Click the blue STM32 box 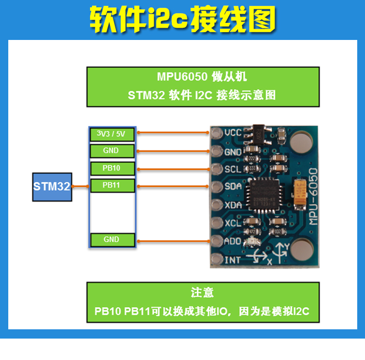coord(52,186)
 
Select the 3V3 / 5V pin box coord(111,133)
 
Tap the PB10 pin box coord(111,168)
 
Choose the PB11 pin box coord(111,186)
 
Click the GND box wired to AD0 coord(111,240)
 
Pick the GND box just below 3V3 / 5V coord(111,151)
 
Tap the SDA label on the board coord(233,187)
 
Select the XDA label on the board coord(233,205)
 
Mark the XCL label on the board coord(233,223)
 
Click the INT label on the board coord(232,260)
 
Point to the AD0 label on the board coord(233,241)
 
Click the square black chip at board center coord(263,195)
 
